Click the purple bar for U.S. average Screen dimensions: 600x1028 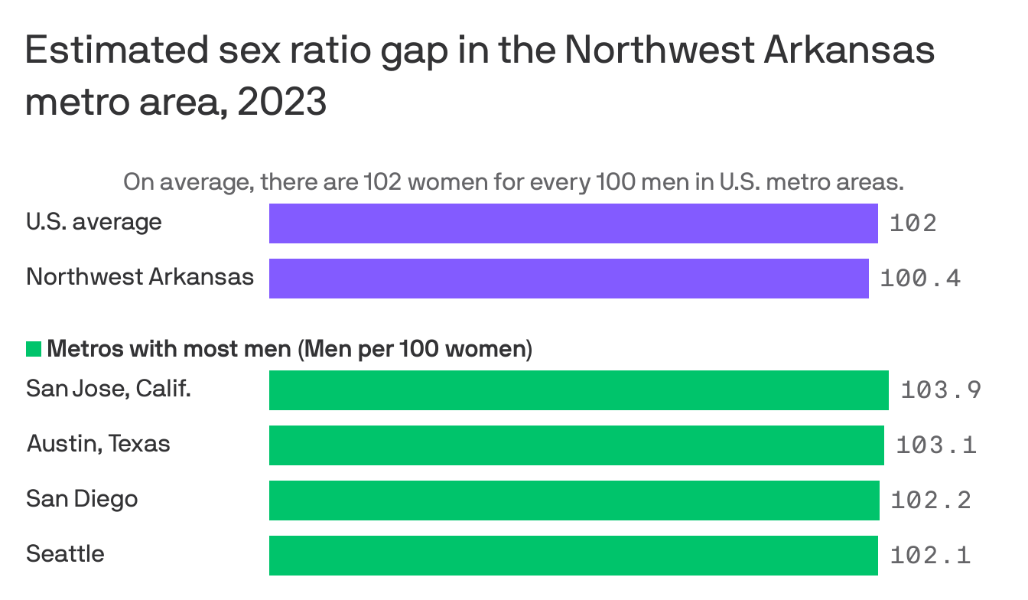[x=573, y=223]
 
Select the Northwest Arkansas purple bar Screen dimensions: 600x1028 [x=568, y=279]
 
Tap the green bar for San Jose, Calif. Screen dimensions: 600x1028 [x=578, y=390]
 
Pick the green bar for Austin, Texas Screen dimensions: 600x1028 [x=576, y=445]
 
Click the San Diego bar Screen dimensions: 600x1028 [x=574, y=501]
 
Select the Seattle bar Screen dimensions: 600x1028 [x=573, y=556]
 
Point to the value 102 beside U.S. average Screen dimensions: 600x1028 [x=913, y=223]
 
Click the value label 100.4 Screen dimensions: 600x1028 [x=920, y=279]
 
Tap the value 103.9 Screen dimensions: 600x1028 [x=941, y=390]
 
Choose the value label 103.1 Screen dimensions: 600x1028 [x=936, y=445]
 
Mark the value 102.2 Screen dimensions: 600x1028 [x=931, y=501]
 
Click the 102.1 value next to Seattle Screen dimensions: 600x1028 [x=930, y=556]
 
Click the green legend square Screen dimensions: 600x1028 [x=34, y=350]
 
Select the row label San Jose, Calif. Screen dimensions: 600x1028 [x=108, y=390]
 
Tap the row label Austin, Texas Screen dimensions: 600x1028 [x=98, y=444]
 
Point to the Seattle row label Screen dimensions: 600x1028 [x=65, y=553]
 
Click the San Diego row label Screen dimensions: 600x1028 [x=82, y=499]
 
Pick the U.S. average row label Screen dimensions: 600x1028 [x=93, y=222]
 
